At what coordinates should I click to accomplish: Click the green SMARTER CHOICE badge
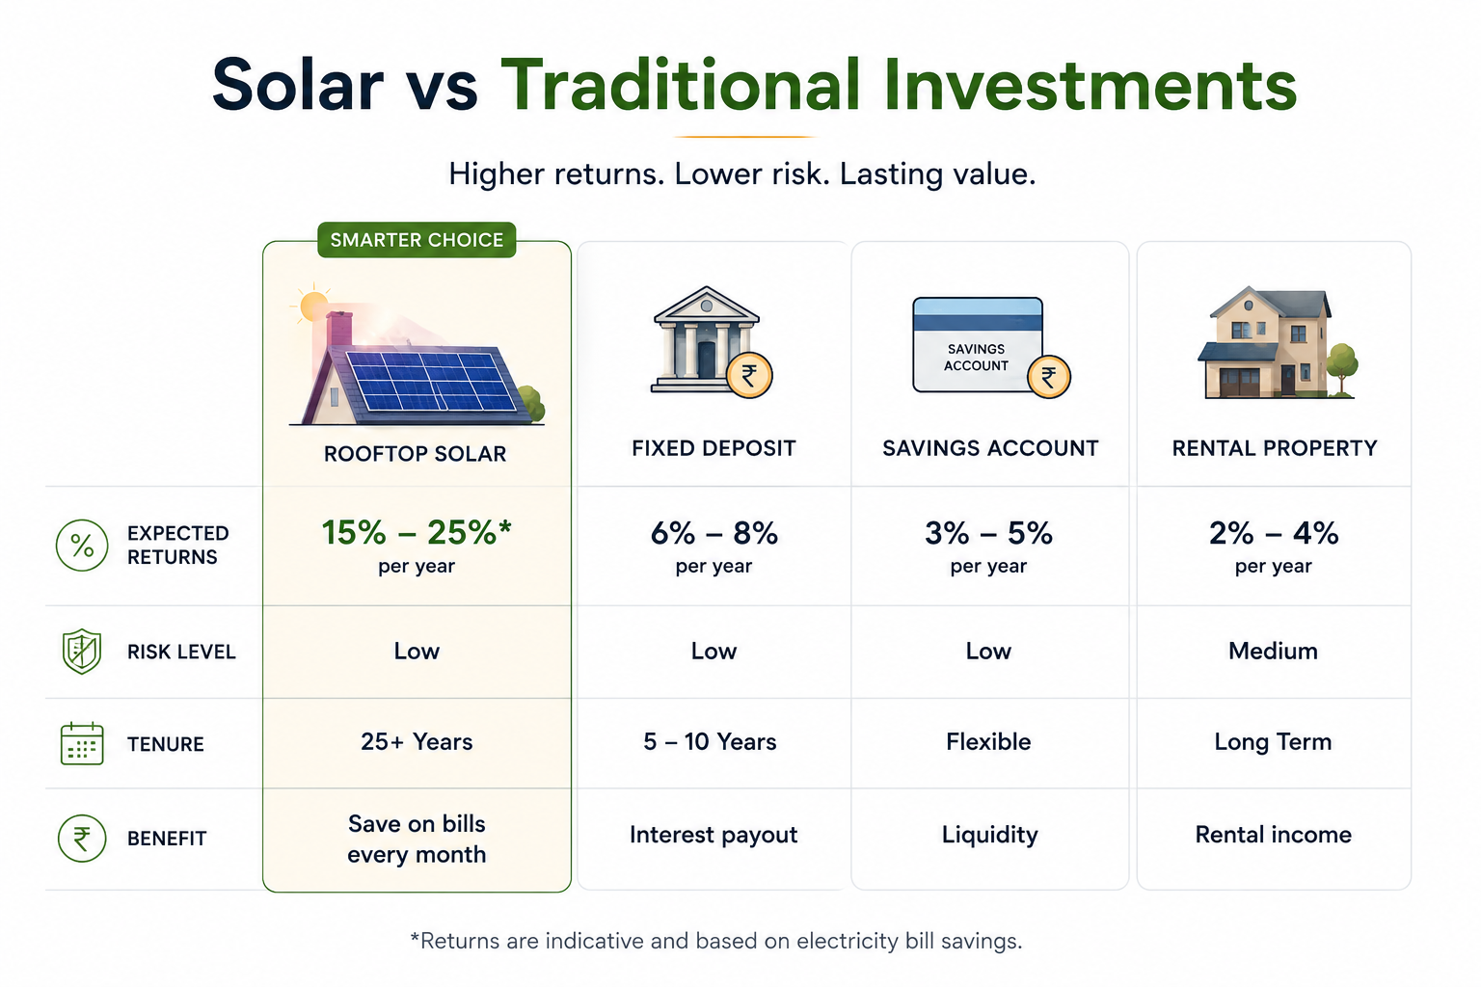coord(417,239)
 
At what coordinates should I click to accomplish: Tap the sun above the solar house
coord(313,307)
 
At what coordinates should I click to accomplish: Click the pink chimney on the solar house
coord(339,330)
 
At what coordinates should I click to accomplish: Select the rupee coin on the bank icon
coord(749,376)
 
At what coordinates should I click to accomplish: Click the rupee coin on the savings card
coord(1049,377)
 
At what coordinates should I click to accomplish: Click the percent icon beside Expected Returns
coord(82,546)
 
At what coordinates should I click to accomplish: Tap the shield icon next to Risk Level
coord(81,652)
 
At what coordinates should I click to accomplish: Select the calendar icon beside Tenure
coord(82,744)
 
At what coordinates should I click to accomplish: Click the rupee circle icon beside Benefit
coord(82,839)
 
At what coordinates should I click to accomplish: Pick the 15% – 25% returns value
coord(417,532)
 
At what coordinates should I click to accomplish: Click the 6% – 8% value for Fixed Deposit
coord(714,533)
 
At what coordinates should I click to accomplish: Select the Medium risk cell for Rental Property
coord(1273,652)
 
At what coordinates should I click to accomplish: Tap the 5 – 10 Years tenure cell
coord(710,742)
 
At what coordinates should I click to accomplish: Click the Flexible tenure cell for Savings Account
coord(988,742)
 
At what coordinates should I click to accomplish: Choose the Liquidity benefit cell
coord(990,835)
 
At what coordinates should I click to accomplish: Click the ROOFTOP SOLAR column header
coord(416,454)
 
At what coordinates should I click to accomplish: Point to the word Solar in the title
coord(298,85)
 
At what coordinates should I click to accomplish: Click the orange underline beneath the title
coord(744,137)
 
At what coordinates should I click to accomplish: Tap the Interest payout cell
coord(714,835)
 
